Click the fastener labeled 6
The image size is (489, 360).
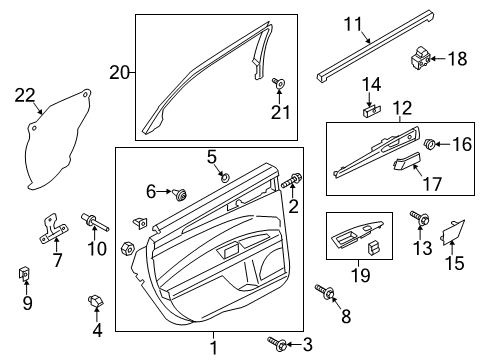click(x=182, y=192)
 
